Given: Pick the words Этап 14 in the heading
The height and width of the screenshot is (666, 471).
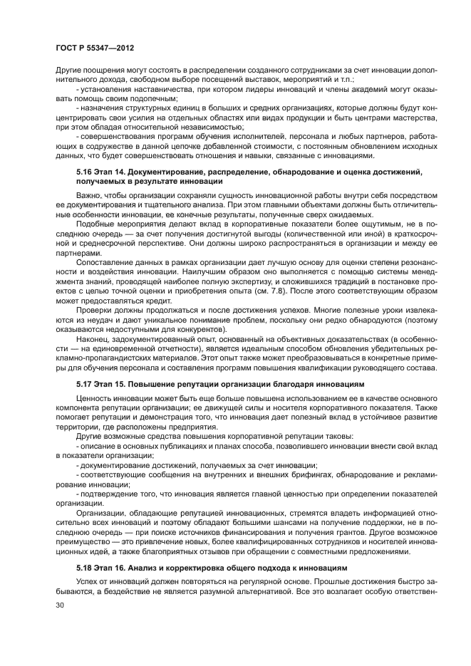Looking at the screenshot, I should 113,172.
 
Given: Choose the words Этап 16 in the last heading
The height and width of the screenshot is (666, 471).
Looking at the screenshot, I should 113,568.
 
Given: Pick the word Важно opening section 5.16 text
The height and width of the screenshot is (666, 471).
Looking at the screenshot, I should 89,194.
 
